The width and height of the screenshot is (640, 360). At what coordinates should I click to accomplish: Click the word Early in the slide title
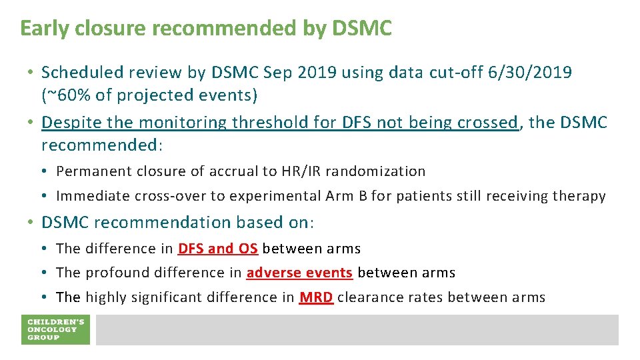[x=45, y=28]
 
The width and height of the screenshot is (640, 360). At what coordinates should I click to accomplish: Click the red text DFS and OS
[x=217, y=249]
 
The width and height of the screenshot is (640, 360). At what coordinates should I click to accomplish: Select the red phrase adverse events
[x=299, y=273]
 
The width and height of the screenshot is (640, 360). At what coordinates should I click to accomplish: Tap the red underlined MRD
[x=316, y=297]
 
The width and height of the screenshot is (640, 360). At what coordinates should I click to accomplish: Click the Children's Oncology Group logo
[x=55, y=329]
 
